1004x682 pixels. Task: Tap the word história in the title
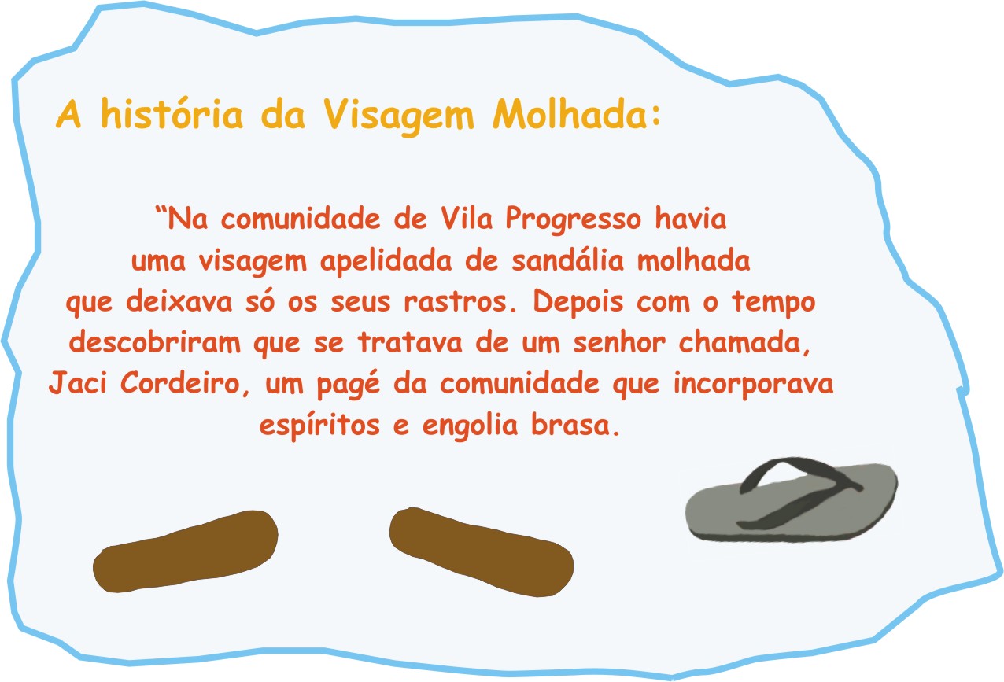pos(172,113)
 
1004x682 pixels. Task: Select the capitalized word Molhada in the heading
pos(569,113)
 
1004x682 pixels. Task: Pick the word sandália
pos(568,260)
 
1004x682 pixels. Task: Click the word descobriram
pos(155,342)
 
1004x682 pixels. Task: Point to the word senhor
pos(619,342)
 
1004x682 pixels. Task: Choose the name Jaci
pos(78,382)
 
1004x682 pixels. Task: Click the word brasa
pos(575,424)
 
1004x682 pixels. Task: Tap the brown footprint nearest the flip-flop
pos(481,551)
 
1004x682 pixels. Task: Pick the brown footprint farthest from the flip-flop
pos(185,551)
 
